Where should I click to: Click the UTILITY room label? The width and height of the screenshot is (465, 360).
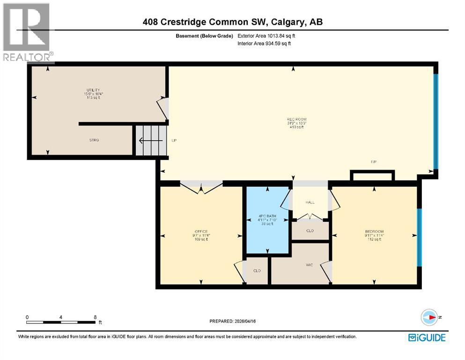pyautogui.click(x=93, y=90)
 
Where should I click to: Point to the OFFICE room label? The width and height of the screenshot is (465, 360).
pyautogui.click(x=201, y=232)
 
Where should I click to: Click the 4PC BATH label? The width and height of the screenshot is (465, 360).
pyautogui.click(x=267, y=217)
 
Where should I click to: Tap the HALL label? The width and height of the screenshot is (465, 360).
pyautogui.click(x=310, y=202)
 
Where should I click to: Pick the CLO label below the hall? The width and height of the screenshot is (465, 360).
pyautogui.click(x=310, y=231)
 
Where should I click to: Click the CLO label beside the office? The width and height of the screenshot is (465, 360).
pyautogui.click(x=256, y=270)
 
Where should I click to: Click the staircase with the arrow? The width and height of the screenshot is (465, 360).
pyautogui.click(x=150, y=140)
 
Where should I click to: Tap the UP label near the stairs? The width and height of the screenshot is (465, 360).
pyautogui.click(x=174, y=140)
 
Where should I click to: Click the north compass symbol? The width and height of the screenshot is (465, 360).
pyautogui.click(x=429, y=317)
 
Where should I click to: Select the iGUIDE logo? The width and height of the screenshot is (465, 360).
pyautogui.click(x=427, y=337)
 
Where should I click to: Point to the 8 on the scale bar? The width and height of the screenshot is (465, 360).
pyautogui.click(x=96, y=317)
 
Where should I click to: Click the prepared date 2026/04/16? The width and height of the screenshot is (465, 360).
pyautogui.click(x=234, y=321)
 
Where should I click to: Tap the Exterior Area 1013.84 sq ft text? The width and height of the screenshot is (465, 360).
pyautogui.click(x=266, y=35)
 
